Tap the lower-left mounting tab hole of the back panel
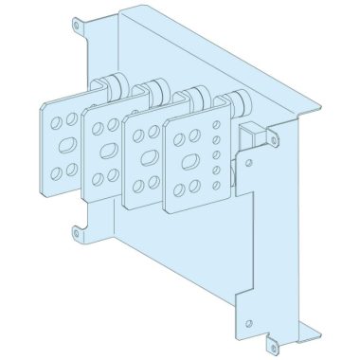click(x=75, y=228)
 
